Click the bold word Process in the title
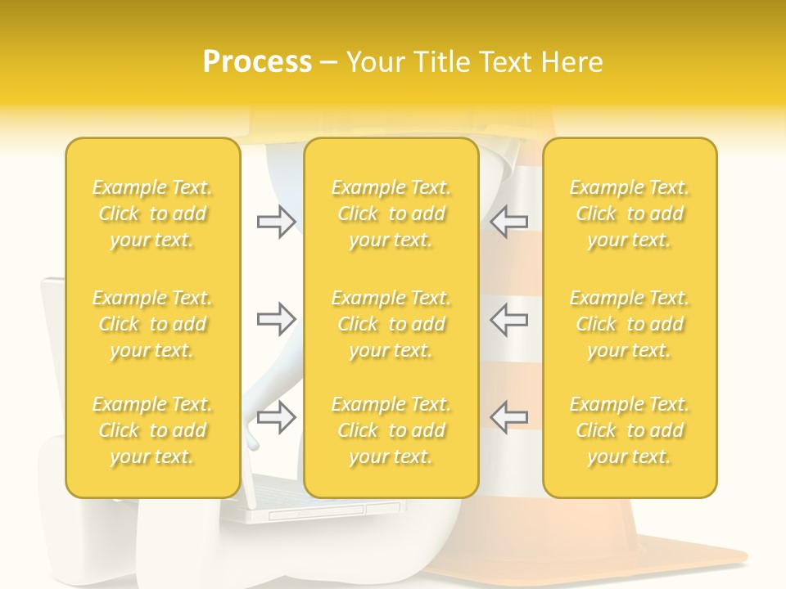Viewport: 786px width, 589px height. (257, 62)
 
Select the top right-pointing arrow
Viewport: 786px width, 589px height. (276, 222)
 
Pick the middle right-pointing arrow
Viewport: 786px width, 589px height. (276, 319)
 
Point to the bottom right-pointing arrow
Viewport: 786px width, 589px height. (276, 416)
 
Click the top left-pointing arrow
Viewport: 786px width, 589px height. (509, 222)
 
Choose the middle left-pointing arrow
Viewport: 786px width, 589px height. (509, 319)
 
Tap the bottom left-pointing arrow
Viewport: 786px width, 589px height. (509, 416)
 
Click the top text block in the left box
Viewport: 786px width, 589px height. (152, 214)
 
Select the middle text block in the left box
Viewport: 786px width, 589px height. (152, 324)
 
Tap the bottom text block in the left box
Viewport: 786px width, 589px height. (152, 430)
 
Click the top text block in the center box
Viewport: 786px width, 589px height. (391, 214)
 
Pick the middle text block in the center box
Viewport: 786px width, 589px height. (391, 324)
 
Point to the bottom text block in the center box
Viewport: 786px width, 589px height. (391, 430)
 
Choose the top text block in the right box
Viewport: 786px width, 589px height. (630, 214)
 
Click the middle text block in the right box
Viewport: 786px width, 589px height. (630, 324)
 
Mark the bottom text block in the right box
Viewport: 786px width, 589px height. (630, 430)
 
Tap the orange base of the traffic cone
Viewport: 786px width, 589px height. (606, 556)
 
